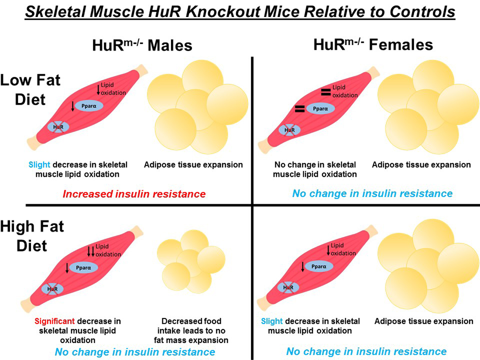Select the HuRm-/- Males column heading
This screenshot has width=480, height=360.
click(142, 46)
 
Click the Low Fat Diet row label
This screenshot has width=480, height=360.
click(31, 90)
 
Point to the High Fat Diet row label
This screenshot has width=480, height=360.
click(33, 236)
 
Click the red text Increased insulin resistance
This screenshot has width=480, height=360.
click(134, 194)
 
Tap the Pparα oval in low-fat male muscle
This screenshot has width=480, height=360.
click(89, 105)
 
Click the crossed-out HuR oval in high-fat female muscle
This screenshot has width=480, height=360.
click(288, 287)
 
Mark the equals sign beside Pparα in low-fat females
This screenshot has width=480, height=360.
click(299, 109)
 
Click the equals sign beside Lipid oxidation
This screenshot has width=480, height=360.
click(325, 92)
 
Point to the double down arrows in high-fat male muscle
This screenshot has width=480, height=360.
click(91, 251)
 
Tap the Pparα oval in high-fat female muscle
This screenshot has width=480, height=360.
click(319, 266)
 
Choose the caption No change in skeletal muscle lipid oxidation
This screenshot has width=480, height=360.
click(315, 169)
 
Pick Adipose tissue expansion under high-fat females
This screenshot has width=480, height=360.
click(424, 321)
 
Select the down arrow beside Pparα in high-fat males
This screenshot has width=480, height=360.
click(67, 268)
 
